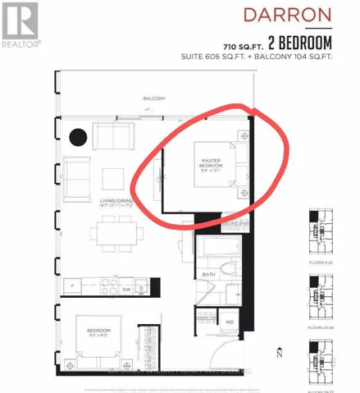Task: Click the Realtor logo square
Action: coord(20,20)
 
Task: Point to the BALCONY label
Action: coord(153,99)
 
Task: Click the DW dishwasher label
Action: coord(125,290)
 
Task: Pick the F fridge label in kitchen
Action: coord(73,286)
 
